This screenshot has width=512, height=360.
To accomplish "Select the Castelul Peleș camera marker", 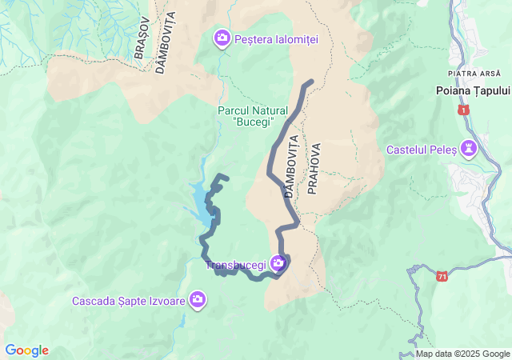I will pos(469,148).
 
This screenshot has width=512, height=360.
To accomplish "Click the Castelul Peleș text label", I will pos(422,149).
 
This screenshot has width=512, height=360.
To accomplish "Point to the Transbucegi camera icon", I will pos(278,262).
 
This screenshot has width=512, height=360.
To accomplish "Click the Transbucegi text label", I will pos(237,265).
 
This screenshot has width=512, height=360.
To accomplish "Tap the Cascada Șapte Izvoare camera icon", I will pos(198,301).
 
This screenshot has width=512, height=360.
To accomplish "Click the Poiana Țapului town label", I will pos(473,91).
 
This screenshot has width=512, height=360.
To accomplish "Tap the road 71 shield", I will pos(442,276).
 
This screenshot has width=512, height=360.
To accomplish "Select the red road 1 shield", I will pos(463,109).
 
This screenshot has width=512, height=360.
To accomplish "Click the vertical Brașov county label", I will pos(142,37).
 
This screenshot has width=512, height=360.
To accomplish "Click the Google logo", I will pos(26,350).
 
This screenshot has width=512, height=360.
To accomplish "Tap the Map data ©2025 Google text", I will pos(462,354).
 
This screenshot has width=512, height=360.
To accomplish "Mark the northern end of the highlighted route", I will pos(310,82).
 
